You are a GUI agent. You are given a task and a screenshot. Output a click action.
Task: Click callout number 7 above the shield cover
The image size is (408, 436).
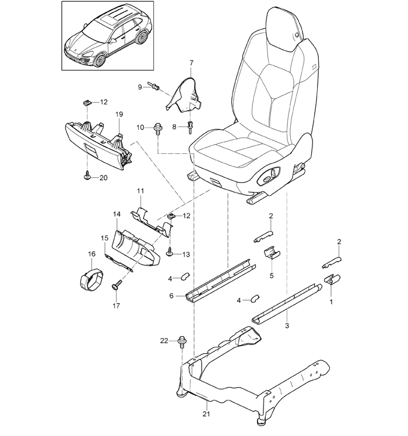tap(191, 63)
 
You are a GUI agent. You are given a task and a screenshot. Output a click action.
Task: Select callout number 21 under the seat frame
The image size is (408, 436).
tap(206, 414)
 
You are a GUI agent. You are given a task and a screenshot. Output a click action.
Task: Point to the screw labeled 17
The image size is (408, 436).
tap(117, 284)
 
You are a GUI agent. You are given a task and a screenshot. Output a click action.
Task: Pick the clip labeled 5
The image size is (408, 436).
tap(272, 252)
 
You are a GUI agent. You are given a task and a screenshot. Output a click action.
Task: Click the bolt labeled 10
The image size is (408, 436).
tap(157, 129)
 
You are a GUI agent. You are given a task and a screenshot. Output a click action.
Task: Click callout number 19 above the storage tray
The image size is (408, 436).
tap(119, 114)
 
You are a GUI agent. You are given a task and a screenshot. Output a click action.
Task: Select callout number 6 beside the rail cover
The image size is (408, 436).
tap(171, 296)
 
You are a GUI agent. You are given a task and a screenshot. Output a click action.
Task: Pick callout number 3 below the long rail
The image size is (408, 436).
tap(287, 325)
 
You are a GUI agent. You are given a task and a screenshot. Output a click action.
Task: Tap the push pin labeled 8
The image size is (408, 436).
tap(190, 127)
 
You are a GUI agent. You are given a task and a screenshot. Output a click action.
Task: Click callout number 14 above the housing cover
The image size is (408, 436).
tap(117, 214)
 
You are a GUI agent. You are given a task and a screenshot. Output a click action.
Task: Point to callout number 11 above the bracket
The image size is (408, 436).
tap(140, 191)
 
